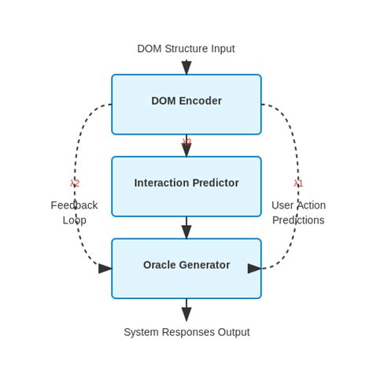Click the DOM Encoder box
186,104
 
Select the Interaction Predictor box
186,186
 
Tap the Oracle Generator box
186,268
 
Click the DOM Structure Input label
186,49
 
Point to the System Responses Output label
186,332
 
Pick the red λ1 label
298,183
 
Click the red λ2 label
75,183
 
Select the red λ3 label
186,142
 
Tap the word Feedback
74,205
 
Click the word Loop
74,220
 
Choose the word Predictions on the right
298,220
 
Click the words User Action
298,205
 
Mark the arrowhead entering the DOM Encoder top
186,68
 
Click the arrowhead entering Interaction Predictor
186,150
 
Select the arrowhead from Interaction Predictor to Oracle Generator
186,232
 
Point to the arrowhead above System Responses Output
186,314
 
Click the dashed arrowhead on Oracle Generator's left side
105,268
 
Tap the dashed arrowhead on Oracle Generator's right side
254,268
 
